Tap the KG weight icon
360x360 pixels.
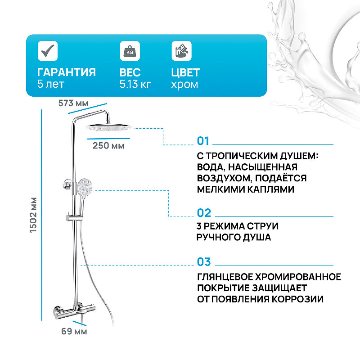point(130,51)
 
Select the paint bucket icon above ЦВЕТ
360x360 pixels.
point(181,51)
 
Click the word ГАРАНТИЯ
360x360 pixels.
point(66,72)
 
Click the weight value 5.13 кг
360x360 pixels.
point(135,84)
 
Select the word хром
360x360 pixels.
point(184,84)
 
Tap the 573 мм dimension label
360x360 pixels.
point(73,103)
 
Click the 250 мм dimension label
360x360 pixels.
point(108,145)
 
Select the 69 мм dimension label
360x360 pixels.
point(74,332)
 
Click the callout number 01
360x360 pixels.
point(203,141)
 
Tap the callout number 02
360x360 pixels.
point(204,213)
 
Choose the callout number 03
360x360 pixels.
point(204,262)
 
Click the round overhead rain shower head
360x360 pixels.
point(109,127)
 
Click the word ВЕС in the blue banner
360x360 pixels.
point(130,72)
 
